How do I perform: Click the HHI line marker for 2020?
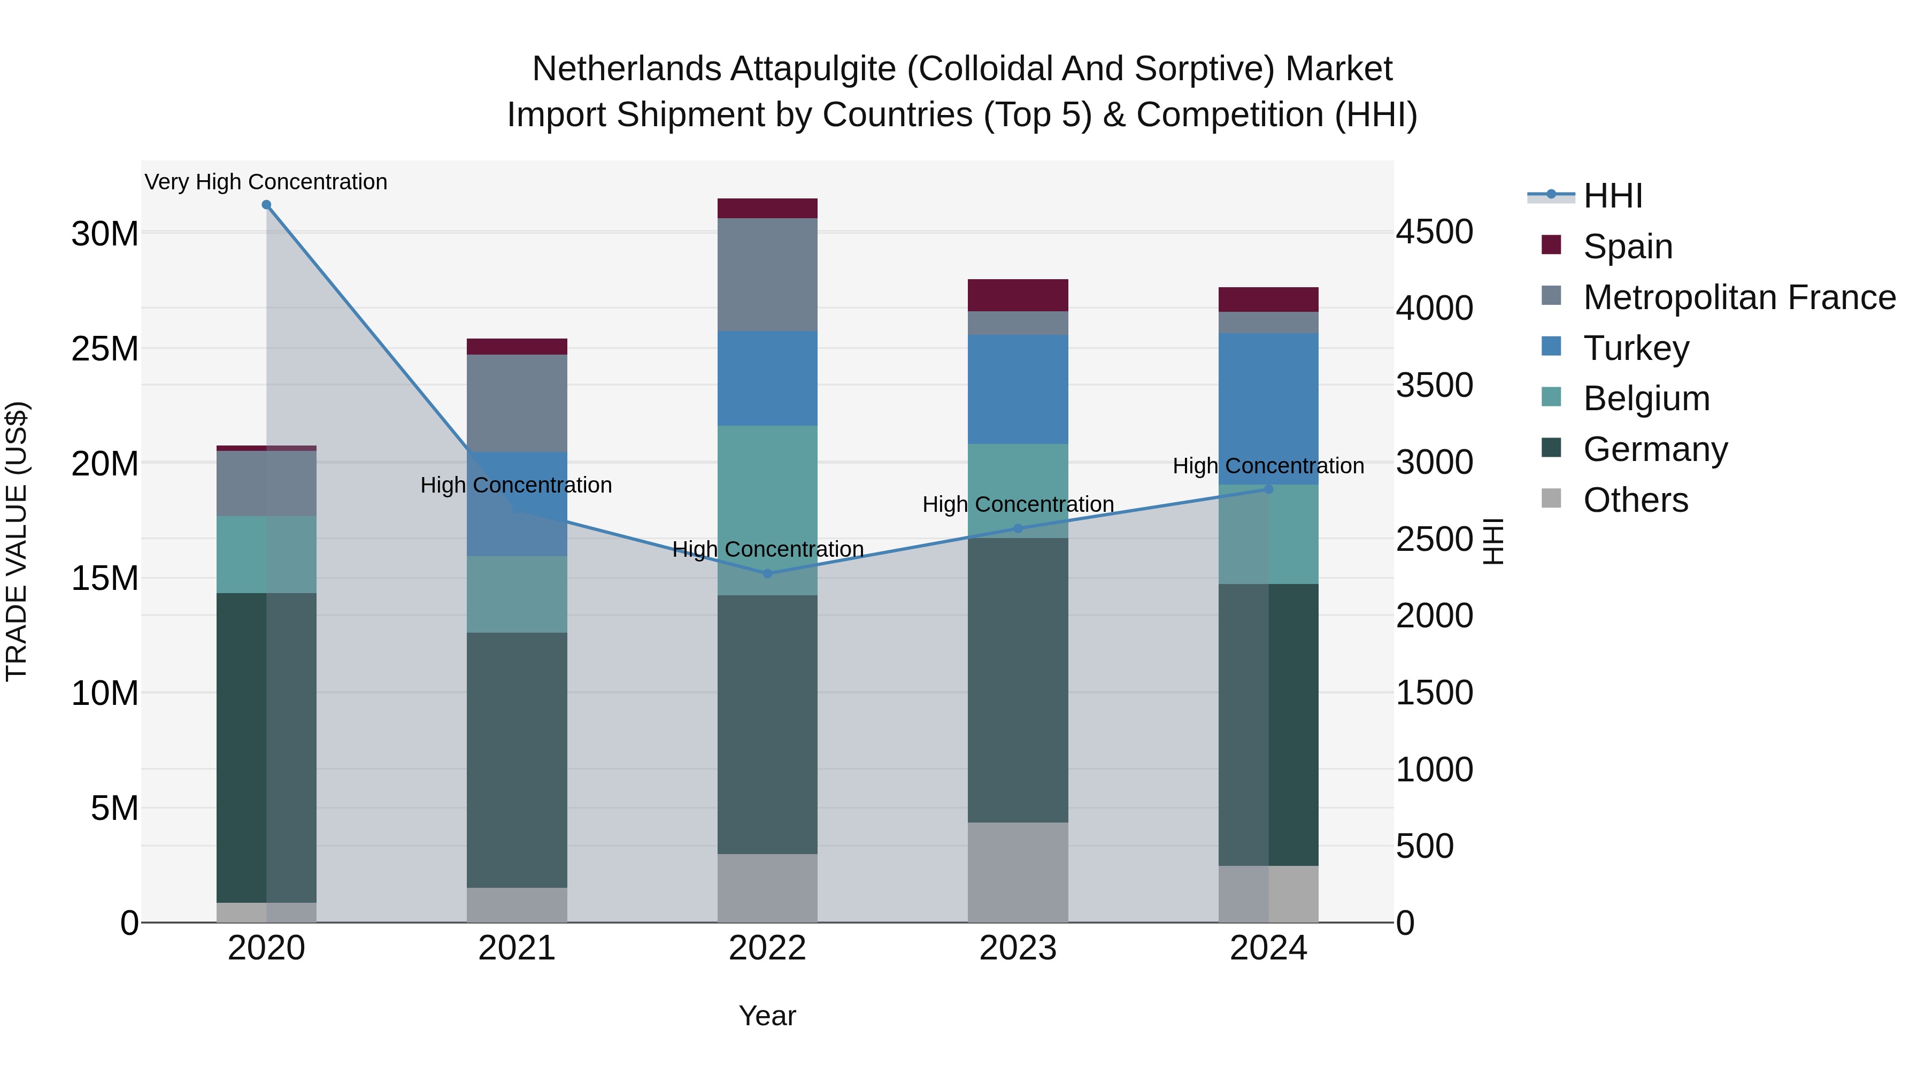[266, 205]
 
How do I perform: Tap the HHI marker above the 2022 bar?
[767, 574]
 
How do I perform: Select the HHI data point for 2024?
[1268, 489]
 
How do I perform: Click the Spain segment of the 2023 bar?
[1018, 295]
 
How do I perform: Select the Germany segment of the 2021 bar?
[517, 759]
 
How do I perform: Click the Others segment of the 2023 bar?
[1018, 872]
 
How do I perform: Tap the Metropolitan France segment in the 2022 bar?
[767, 274]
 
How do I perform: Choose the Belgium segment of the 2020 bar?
[266, 555]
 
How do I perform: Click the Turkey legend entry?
[1636, 348]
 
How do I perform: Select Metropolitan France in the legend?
[1739, 297]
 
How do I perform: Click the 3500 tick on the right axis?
[1434, 386]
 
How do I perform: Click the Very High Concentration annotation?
[266, 182]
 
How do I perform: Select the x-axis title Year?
[767, 1016]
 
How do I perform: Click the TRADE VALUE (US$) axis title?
[17, 541]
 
